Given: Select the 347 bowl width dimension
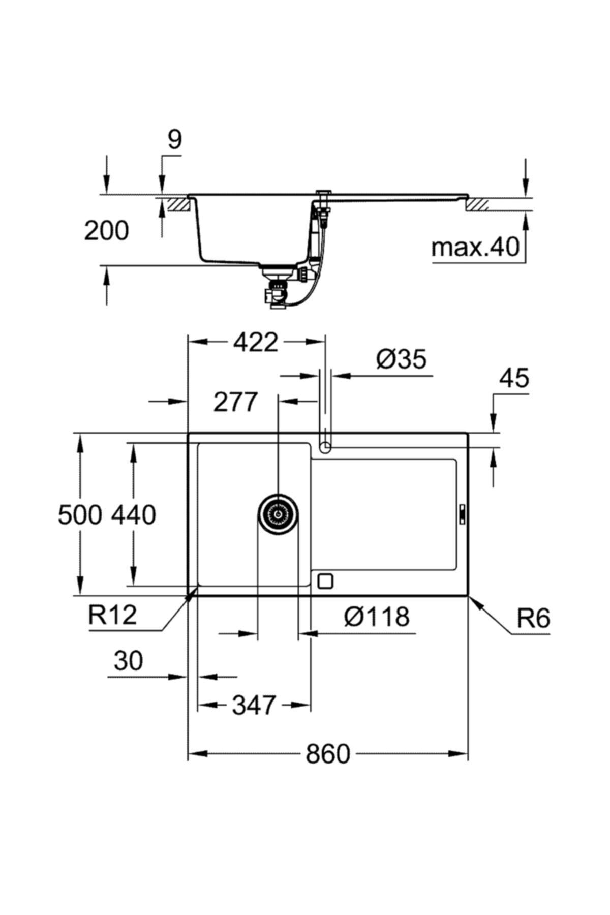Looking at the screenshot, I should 254,705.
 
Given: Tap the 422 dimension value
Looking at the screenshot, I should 256,343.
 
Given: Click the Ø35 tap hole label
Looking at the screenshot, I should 401,360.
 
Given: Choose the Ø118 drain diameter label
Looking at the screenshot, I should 376,617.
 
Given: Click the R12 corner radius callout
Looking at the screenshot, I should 113,615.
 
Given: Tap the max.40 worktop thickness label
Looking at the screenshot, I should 475,248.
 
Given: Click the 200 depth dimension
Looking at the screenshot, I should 106,231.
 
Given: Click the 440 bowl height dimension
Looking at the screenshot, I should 134,515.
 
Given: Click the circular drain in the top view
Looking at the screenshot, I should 278,514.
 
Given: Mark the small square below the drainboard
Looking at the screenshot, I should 324,581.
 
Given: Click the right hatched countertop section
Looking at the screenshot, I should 476,205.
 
